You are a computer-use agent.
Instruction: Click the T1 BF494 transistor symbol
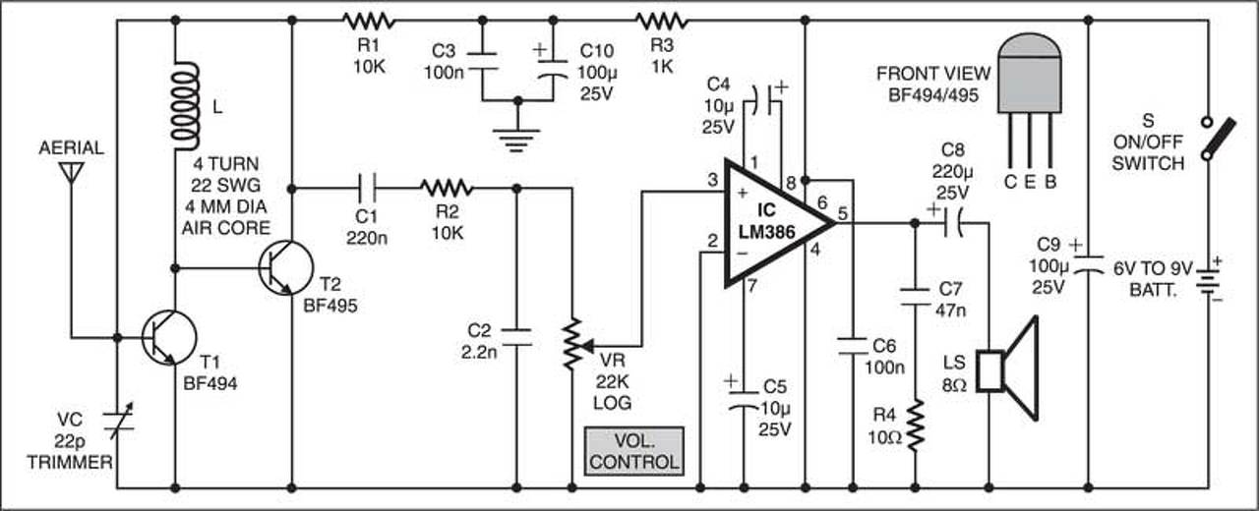[168, 337]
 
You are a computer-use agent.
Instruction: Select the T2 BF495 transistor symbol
[285, 268]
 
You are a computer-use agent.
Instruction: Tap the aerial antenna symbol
[72, 172]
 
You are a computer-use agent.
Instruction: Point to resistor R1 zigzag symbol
[369, 22]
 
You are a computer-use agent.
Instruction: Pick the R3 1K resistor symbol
[662, 22]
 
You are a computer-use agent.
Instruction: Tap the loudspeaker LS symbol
[1006, 369]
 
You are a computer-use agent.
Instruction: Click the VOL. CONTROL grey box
[634, 451]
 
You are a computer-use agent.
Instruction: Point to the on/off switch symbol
[1217, 139]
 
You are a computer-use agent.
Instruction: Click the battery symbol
[1209, 280]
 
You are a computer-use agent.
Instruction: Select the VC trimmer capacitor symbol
[117, 423]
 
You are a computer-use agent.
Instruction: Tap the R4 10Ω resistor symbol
[915, 425]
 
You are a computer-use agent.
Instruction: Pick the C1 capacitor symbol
[367, 188]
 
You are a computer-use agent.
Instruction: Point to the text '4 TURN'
[226, 164]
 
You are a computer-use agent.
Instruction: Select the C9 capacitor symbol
[1089, 264]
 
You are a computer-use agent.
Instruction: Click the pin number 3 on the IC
[713, 180]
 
